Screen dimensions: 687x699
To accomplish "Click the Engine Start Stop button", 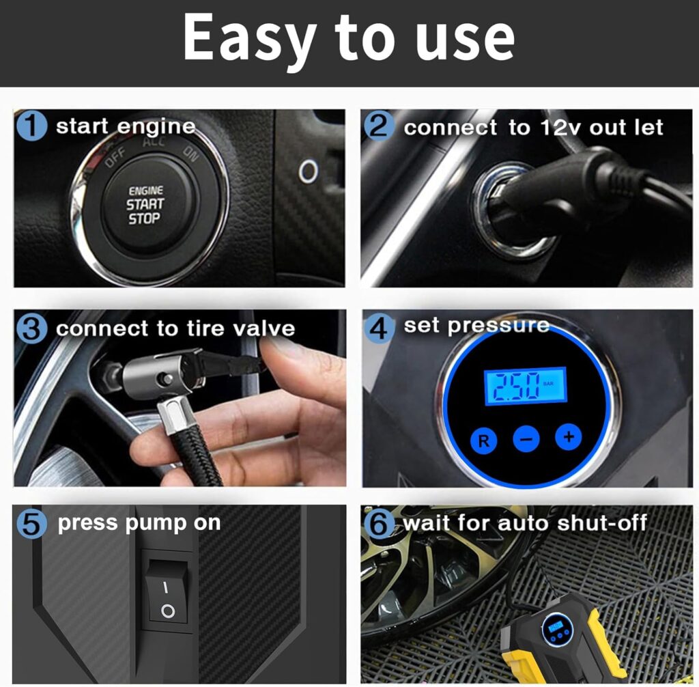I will (x=145, y=204).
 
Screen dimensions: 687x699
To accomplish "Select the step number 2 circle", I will (x=379, y=128).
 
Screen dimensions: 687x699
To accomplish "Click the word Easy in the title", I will (x=242, y=38).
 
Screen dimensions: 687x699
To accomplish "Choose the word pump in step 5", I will (x=153, y=524).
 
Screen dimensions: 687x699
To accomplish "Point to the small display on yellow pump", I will (x=554, y=626).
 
